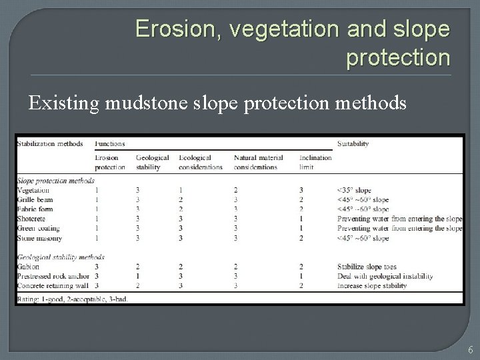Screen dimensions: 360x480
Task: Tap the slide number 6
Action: [x=470, y=349]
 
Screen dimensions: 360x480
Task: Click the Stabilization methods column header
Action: [x=50, y=143]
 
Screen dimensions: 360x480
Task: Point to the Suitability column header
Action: [x=353, y=143]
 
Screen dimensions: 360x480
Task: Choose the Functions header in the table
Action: [x=110, y=143]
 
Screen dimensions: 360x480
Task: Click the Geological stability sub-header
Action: [x=152, y=162]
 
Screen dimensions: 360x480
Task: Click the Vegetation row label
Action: [x=33, y=190]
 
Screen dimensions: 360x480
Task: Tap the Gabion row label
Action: [x=29, y=267]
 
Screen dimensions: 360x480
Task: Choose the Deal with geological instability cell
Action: [x=385, y=276]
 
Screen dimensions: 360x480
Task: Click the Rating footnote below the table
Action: [x=73, y=299]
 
